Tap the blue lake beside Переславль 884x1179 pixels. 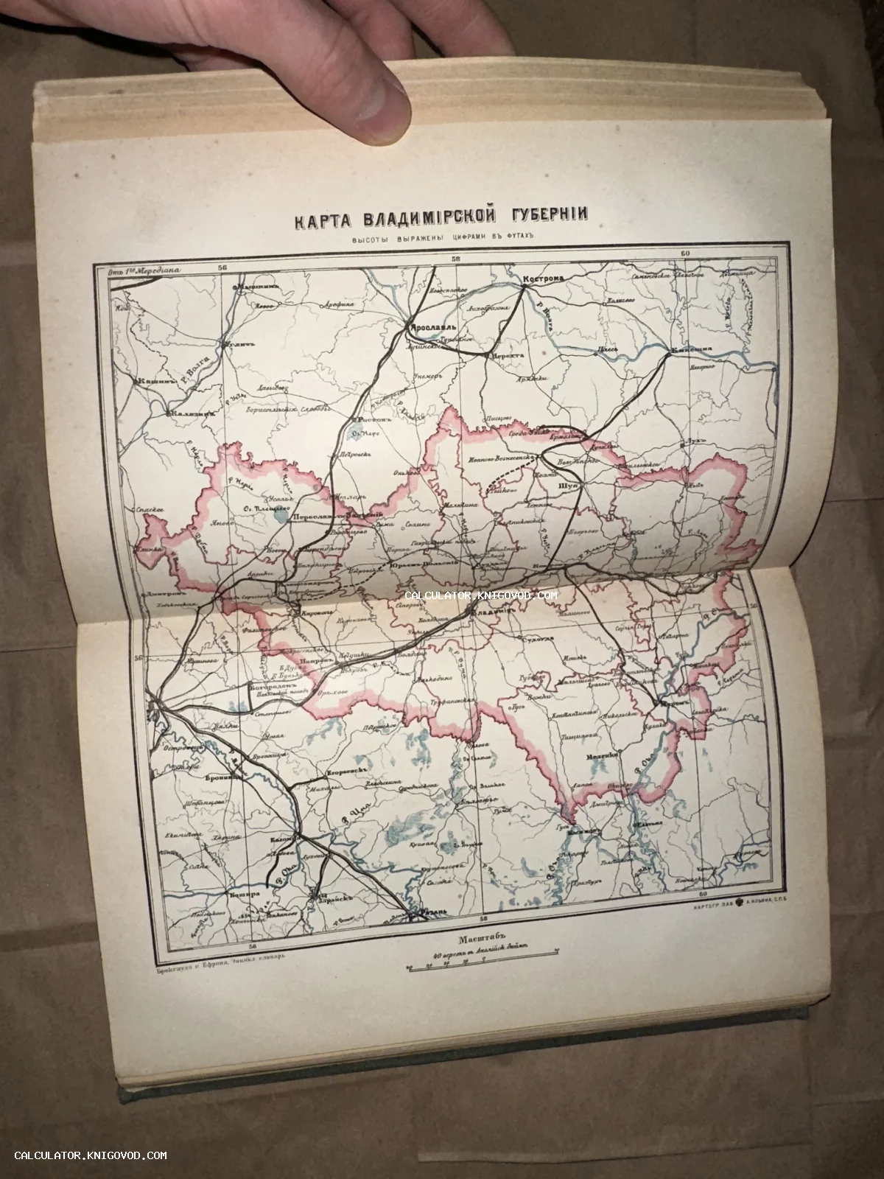tap(278, 515)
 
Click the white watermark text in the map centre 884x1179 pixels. tap(486, 595)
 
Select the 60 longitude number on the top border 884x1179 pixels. tap(685, 254)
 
